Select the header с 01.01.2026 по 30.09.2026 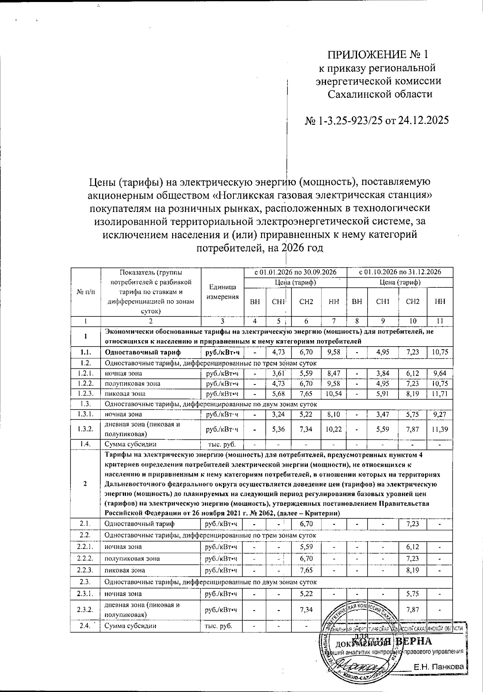click(x=295, y=272)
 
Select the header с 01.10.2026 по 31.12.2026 click(x=400, y=272)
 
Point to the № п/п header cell click(x=85, y=292)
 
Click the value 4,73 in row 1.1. click(x=278, y=352)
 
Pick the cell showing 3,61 click(x=278, y=373)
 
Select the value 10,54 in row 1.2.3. click(x=334, y=393)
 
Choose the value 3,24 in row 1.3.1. click(x=278, y=414)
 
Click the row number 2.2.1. click(x=85, y=547)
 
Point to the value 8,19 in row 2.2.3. click(x=413, y=570)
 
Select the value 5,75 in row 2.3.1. click(x=413, y=594)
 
